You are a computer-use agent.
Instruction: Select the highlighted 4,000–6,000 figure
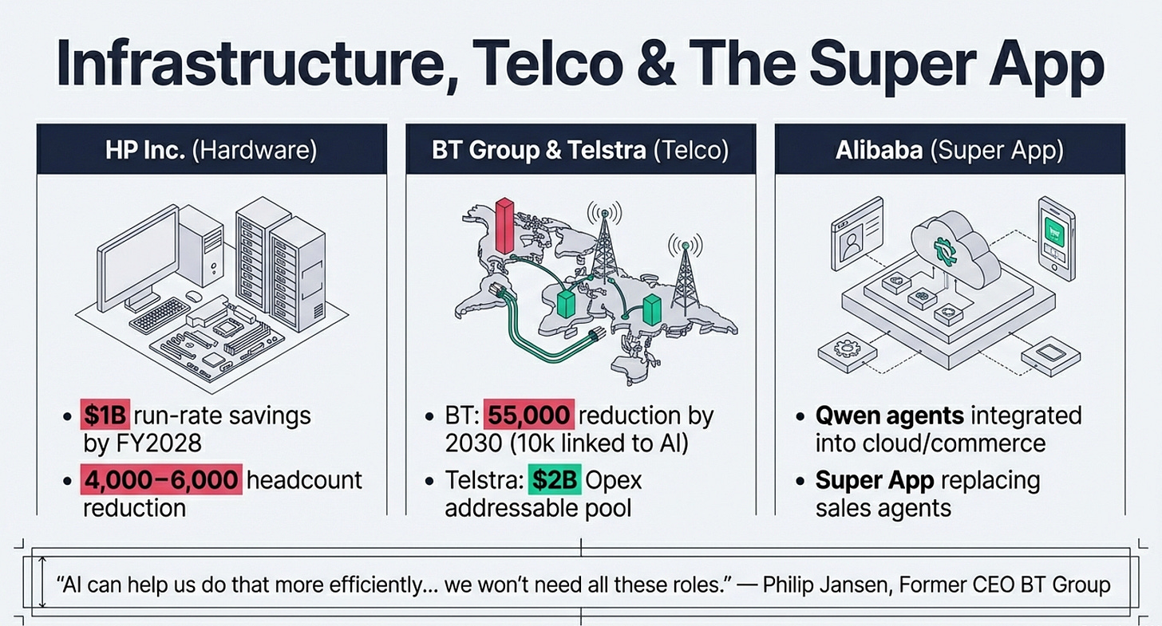[x=160, y=480]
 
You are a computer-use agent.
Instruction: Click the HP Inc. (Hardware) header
[x=211, y=150]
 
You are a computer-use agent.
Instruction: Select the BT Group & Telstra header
[x=580, y=150]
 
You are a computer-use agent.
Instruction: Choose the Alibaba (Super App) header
[x=950, y=150]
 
